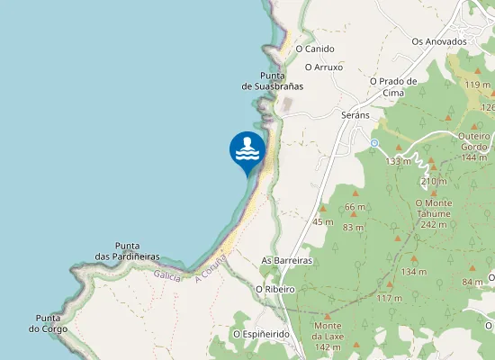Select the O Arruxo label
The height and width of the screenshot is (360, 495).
click(325, 67)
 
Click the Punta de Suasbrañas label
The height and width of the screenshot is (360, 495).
click(273, 80)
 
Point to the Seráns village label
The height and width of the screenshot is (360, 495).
click(356, 116)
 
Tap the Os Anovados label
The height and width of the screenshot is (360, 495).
click(439, 41)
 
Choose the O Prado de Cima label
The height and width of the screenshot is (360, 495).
click(393, 86)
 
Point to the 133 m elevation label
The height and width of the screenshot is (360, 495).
click(398, 161)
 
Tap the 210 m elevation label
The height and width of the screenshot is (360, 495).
click(434, 181)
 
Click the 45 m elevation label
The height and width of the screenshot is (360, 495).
click(323, 221)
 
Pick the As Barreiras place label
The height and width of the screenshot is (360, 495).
click(286, 260)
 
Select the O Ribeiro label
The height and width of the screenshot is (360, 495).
click(276, 289)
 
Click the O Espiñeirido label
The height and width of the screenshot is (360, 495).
click(261, 333)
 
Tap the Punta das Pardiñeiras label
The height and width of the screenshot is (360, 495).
click(138, 251)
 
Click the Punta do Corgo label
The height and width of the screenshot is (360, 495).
click(49, 323)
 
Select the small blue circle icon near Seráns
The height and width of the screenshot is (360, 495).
click(373, 142)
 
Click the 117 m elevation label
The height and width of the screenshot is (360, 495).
click(390, 298)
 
